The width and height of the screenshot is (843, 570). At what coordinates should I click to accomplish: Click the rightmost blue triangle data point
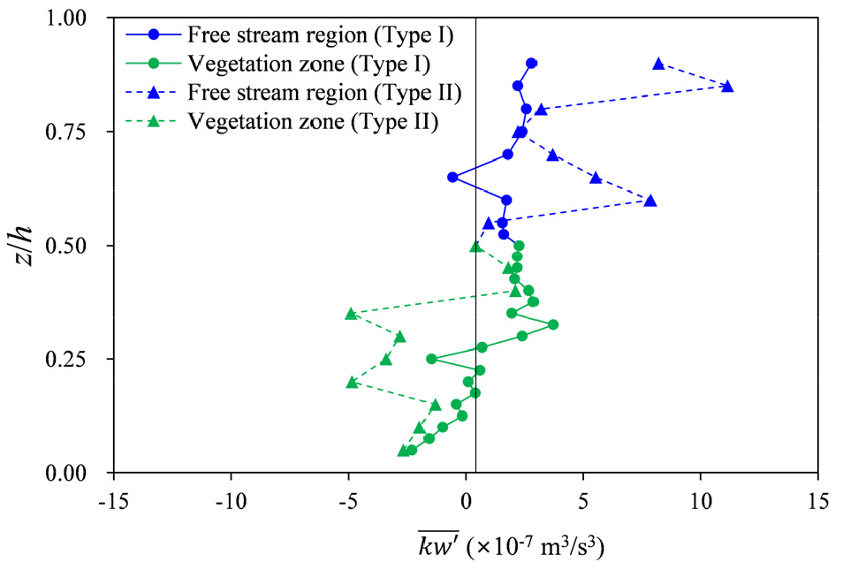click(727, 87)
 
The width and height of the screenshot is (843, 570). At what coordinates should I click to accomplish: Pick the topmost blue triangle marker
click(658, 64)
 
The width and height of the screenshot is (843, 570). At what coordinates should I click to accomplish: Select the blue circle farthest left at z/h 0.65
click(452, 177)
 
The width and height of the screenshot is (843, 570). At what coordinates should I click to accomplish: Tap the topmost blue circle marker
click(531, 64)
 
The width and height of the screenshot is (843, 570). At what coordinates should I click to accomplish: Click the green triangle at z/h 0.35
click(351, 314)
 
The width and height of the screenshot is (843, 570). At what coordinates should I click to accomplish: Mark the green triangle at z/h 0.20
click(352, 382)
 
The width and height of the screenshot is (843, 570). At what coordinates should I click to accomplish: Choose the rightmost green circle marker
click(553, 324)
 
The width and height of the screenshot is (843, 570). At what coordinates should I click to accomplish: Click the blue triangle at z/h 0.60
click(650, 201)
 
